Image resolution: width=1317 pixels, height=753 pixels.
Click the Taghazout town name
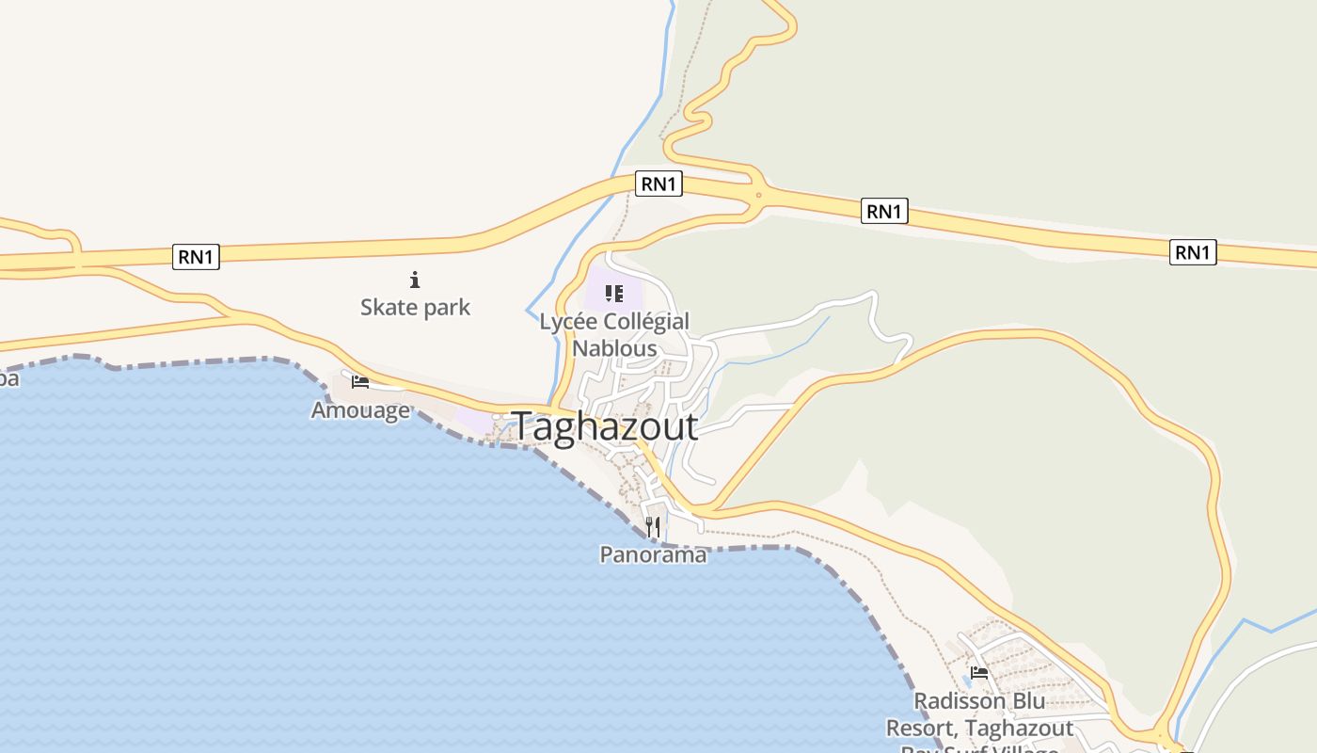coord(605,426)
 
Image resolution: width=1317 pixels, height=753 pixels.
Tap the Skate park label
coord(415,307)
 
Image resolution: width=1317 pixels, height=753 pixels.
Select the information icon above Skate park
coord(415,280)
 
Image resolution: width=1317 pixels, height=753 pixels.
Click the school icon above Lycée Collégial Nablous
coord(614,294)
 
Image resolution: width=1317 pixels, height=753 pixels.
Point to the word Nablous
coord(614,347)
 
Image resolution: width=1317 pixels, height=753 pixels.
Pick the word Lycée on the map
coord(568,322)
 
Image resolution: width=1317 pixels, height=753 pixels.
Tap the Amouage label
coord(360,410)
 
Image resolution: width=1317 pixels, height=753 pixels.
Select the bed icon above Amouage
coord(359,381)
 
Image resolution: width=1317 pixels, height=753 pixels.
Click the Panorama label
coord(653,554)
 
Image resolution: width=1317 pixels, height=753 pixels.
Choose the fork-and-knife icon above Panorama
coord(653,526)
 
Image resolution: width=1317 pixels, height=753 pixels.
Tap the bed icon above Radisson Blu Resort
coord(979,673)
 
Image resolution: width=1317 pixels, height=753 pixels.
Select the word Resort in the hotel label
coord(921,729)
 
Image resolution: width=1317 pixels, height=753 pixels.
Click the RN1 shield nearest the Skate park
coord(196,257)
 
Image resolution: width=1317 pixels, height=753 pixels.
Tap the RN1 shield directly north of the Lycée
coord(658,184)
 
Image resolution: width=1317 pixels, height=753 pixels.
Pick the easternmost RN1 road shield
coord(1193,252)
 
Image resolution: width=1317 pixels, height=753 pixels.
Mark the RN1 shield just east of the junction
coord(884,212)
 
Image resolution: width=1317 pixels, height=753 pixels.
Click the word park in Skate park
coord(446,308)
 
